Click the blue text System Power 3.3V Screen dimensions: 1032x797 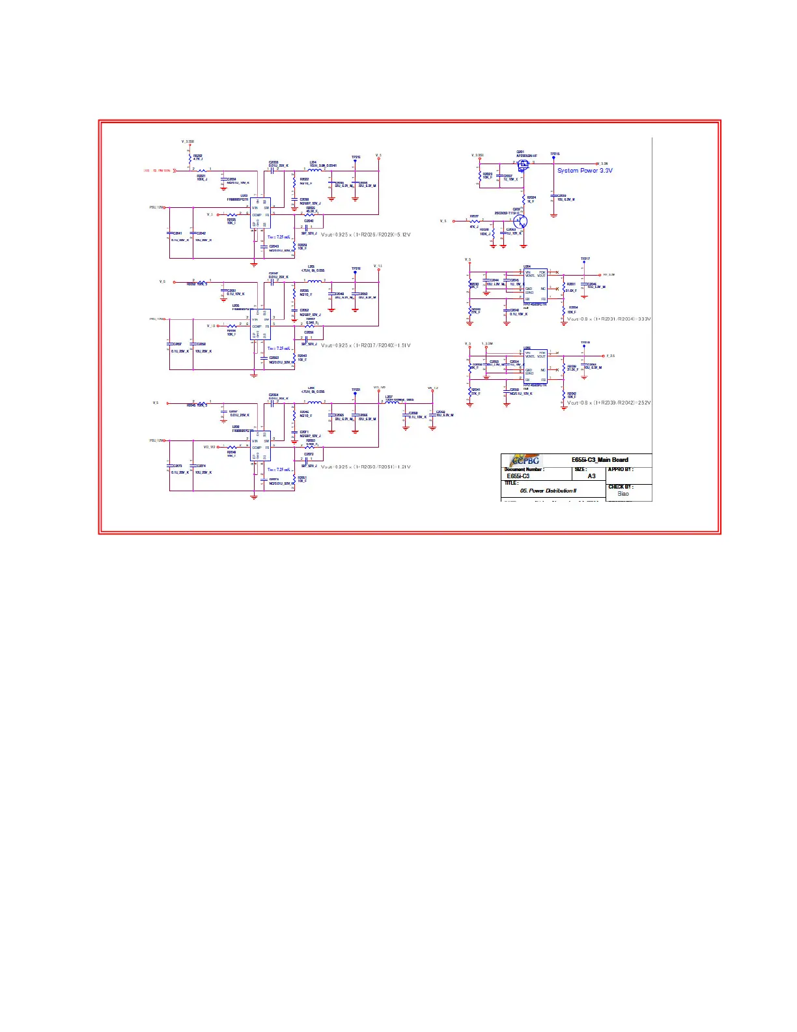click(x=584, y=171)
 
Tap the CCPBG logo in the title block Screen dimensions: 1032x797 click(x=525, y=461)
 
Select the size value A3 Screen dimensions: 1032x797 click(x=591, y=476)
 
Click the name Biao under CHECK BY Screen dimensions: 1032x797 click(x=623, y=494)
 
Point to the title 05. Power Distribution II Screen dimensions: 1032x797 click(x=548, y=491)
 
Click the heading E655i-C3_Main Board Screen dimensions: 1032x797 click(x=600, y=460)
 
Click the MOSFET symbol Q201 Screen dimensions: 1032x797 click(x=524, y=165)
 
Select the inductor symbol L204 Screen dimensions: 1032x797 click(x=315, y=170)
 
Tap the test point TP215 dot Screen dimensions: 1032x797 click(x=553, y=158)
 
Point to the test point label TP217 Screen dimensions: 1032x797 click(x=585, y=259)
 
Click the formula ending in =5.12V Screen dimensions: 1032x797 click(x=365, y=235)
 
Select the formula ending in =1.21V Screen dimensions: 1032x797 click(x=365, y=467)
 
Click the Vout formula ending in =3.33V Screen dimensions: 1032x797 click(x=608, y=319)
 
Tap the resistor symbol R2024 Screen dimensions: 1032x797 click(x=523, y=199)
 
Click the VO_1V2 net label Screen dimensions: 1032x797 click(x=209, y=447)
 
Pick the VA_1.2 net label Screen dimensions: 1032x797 click(x=432, y=388)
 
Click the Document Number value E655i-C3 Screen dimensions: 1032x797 click(x=518, y=476)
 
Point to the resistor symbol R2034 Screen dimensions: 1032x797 click(x=564, y=310)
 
